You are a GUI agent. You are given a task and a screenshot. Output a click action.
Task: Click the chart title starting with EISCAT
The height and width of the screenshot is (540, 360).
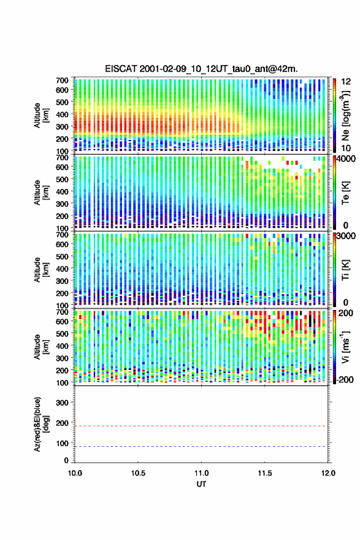[201, 69]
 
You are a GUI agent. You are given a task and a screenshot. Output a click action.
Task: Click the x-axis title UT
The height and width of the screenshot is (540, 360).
[201, 484]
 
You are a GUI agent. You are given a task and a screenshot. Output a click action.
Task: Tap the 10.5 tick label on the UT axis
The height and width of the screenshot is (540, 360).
[138, 473]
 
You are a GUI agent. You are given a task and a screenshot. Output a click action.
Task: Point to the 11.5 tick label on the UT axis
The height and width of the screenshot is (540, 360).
[265, 473]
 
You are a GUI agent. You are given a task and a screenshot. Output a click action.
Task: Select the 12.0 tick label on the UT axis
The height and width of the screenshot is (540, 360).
[328, 473]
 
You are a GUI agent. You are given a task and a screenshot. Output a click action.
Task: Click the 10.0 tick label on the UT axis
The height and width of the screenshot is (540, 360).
[75, 473]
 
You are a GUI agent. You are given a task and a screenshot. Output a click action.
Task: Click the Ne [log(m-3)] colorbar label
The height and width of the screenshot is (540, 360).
[345, 115]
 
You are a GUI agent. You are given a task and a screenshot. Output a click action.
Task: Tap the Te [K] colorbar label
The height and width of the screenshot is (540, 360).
[345, 193]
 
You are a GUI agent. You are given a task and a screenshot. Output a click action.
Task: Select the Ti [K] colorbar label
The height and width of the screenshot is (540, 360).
[345, 270]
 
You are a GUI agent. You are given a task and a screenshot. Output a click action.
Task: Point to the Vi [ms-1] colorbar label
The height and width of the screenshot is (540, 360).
[345, 347]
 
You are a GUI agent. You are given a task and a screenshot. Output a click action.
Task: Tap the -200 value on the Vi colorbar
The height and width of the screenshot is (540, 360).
[345, 379]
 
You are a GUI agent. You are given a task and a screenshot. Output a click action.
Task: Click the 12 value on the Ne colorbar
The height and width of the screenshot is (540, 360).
[346, 82]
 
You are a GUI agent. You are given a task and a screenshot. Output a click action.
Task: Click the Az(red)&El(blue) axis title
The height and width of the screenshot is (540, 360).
[41, 424]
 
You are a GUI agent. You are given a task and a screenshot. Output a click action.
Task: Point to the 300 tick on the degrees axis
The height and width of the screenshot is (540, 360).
[63, 403]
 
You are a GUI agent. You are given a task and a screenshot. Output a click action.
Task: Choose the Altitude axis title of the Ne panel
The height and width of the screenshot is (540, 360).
[41, 115]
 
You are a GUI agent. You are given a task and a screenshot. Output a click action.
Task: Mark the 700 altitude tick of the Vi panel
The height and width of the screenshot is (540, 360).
[63, 312]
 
